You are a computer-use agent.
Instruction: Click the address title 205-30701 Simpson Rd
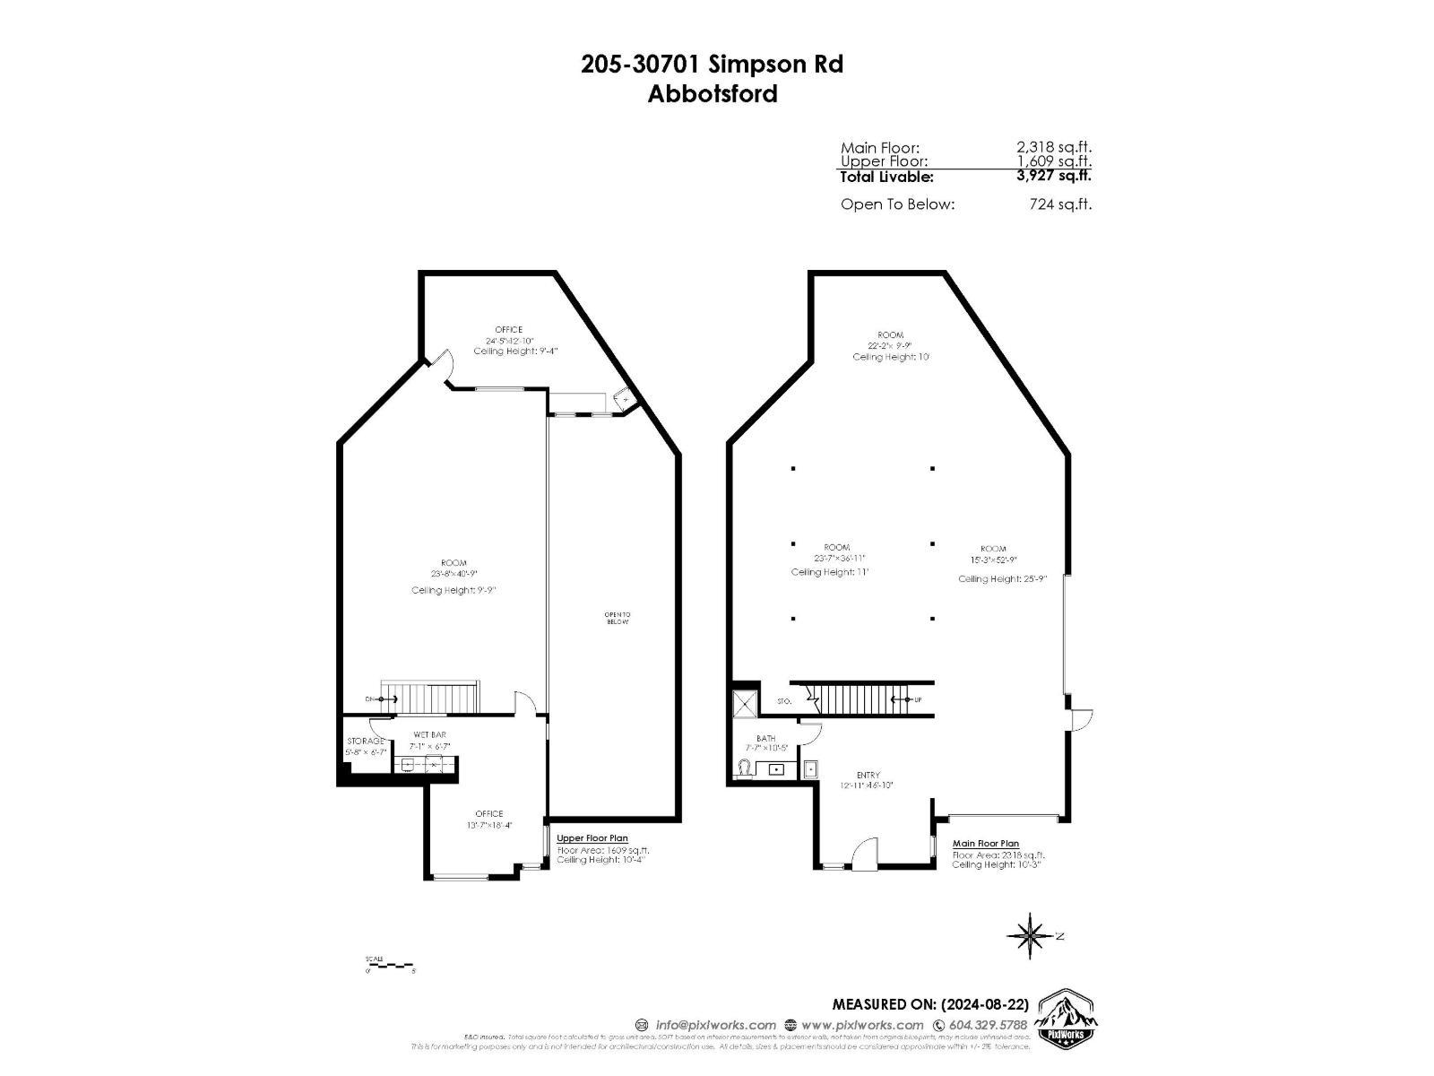(712, 65)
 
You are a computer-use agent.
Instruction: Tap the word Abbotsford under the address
(712, 93)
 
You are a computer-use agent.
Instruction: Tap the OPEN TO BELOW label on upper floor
(618, 618)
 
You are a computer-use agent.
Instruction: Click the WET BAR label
(429, 734)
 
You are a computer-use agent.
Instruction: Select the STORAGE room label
(366, 742)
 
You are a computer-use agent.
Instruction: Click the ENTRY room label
(868, 775)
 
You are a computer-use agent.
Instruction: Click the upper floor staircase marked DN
(430, 697)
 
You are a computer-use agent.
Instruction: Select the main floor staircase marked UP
(860, 699)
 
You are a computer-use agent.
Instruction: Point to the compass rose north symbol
(1032, 936)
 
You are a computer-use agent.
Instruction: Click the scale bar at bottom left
(390, 965)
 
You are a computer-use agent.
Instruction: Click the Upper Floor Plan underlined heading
(592, 838)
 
